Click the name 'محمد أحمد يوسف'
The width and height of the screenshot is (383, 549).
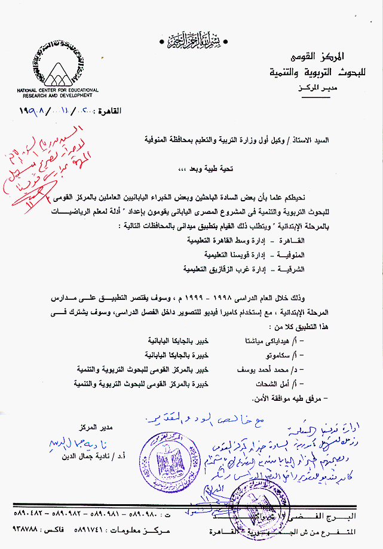pyautogui.click(x=244, y=370)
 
